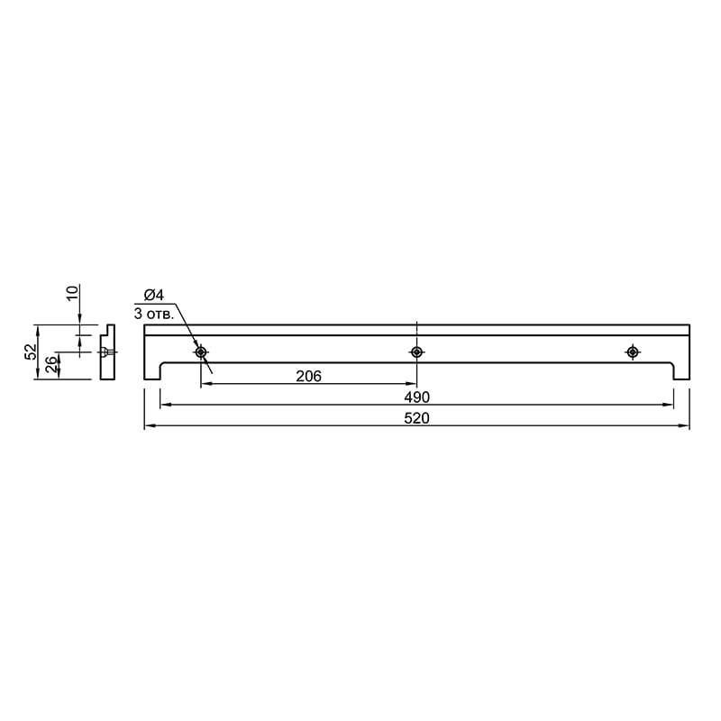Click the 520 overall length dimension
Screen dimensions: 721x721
tap(416, 418)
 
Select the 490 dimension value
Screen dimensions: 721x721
tap(416, 397)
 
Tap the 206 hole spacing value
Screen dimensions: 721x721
tap(308, 376)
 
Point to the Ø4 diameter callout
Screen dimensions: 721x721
tap(154, 295)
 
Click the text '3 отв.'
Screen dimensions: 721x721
tap(154, 315)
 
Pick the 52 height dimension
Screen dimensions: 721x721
tap(31, 352)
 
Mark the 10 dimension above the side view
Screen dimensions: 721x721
tap(73, 293)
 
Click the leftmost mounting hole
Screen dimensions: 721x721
tap(201, 352)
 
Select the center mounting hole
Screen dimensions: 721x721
tap(416, 352)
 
